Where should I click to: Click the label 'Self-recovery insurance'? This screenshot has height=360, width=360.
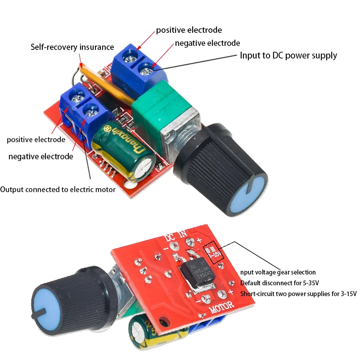72,47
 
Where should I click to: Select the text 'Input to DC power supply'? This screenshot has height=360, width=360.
288,56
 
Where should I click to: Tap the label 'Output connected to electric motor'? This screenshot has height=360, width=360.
58,189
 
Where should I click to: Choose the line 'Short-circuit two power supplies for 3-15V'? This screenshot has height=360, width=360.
298,294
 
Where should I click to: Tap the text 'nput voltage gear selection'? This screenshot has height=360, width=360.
278,272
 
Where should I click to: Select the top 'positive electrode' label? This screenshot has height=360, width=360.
189,30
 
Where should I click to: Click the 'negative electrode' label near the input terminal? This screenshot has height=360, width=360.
207,43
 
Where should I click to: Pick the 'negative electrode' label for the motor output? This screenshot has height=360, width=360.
40,157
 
